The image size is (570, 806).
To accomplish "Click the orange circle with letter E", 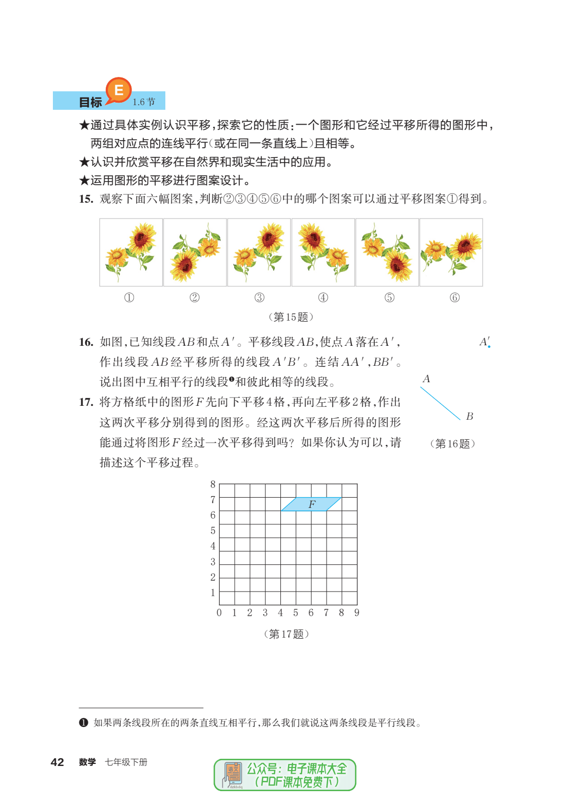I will click(x=119, y=90).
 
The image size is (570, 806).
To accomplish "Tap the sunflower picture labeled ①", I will click(x=131, y=252).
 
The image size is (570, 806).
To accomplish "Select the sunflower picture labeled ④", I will click(x=323, y=252).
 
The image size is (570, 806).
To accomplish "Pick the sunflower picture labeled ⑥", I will click(x=451, y=252).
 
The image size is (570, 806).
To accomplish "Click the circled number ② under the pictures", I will click(x=195, y=298).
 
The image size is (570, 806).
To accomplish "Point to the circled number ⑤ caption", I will click(x=390, y=298).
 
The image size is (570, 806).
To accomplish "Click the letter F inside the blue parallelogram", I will click(x=312, y=504).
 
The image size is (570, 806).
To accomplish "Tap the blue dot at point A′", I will click(x=489, y=347).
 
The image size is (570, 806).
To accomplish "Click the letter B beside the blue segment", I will click(x=469, y=416).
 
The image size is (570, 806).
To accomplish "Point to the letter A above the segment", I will click(x=426, y=379).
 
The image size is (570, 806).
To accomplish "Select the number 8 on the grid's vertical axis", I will click(x=213, y=484).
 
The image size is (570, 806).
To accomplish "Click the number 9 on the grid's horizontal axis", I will click(x=357, y=613).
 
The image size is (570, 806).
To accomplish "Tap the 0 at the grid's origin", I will click(x=219, y=613).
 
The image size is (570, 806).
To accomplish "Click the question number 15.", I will click(x=86, y=199).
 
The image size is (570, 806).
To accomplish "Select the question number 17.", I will click(x=86, y=402).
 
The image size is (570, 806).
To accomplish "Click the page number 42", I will click(x=58, y=762).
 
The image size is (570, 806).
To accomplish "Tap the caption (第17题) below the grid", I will click(x=287, y=634).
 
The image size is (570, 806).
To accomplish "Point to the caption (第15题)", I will click(x=291, y=317).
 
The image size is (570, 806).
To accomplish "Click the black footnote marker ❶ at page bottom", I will click(x=84, y=722).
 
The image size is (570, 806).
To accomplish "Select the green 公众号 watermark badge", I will click(x=285, y=775).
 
